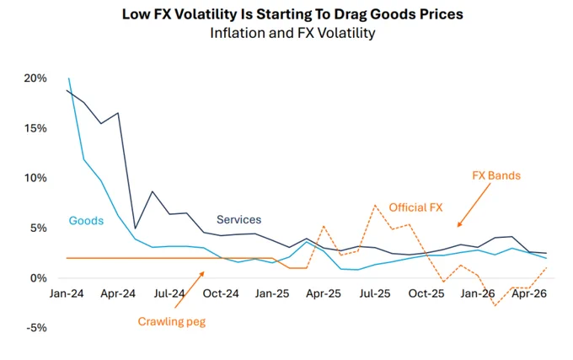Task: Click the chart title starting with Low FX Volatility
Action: pyautogui.click(x=292, y=14)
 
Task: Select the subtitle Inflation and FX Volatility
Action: pyautogui.click(x=292, y=33)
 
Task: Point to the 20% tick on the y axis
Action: pyautogui.click(x=35, y=78)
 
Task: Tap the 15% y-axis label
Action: pyautogui.click(x=35, y=128)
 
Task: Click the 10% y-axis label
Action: pyautogui.click(x=35, y=178)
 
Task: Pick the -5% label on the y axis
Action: pyautogui.click(x=36, y=328)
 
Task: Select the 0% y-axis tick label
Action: pyautogui.click(x=39, y=278)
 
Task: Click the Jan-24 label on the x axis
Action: pyautogui.click(x=67, y=293)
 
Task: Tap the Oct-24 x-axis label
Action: pyautogui.click(x=221, y=293)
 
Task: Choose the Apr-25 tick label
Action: pyautogui.click(x=324, y=293)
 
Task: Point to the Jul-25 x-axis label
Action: pyautogui.click(x=375, y=293)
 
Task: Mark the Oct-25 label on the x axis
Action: pyautogui.click(x=426, y=293)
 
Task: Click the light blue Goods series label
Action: pyautogui.click(x=86, y=221)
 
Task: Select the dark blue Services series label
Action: pyautogui.click(x=239, y=219)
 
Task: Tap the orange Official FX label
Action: pyautogui.click(x=416, y=207)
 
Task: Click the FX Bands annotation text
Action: pyautogui.click(x=496, y=175)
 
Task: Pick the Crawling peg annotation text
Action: pyautogui.click(x=172, y=321)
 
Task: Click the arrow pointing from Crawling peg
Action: pyautogui.click(x=190, y=289)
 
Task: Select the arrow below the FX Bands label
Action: pyautogui.click(x=474, y=205)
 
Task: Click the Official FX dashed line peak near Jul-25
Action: pyautogui.click(x=375, y=205)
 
